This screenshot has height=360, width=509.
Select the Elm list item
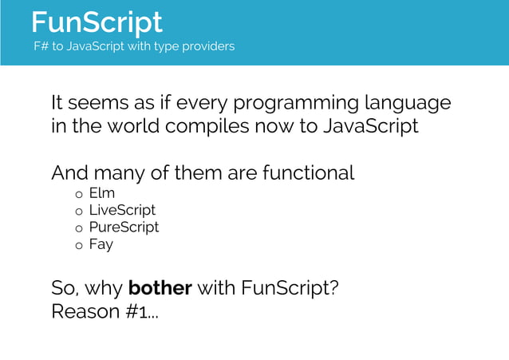[101, 193]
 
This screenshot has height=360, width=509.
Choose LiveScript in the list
[122, 210]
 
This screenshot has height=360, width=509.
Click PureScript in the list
[124, 227]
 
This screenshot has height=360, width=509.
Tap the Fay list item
[101, 245]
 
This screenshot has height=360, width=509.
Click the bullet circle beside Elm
[79, 195]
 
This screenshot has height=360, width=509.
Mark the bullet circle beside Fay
[79, 247]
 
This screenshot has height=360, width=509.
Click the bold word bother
[160, 287]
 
